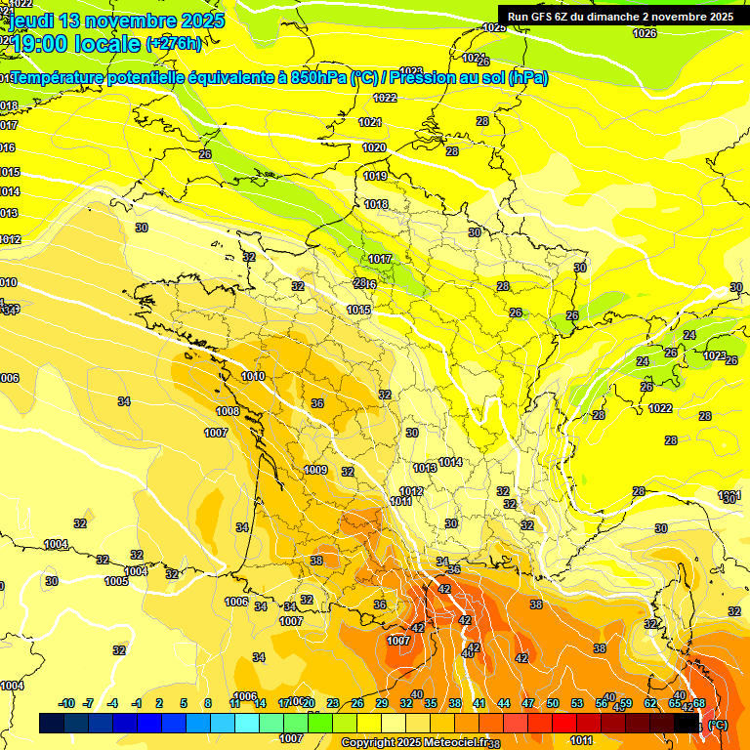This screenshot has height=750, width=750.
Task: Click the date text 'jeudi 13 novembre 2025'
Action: [117, 20]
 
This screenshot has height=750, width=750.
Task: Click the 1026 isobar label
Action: [645, 33]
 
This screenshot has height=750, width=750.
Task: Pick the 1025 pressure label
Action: [494, 27]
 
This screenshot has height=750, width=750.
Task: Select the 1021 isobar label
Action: [370, 122]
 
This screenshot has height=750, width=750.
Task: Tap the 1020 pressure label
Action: [375, 147]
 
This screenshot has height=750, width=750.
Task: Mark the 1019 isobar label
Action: [375, 176]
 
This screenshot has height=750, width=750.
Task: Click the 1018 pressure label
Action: [377, 204]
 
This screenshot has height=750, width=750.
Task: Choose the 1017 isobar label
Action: [380, 259]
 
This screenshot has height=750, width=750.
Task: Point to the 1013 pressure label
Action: [425, 468]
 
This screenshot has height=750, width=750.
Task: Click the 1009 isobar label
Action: [315, 470]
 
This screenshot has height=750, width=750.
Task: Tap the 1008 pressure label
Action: [228, 411]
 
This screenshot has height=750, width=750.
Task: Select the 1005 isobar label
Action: [116, 581]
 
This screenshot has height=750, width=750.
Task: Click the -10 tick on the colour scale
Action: [67, 703]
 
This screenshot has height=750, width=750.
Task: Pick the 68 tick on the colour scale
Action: [699, 703]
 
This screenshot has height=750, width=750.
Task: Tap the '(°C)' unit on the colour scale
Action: [718, 724]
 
